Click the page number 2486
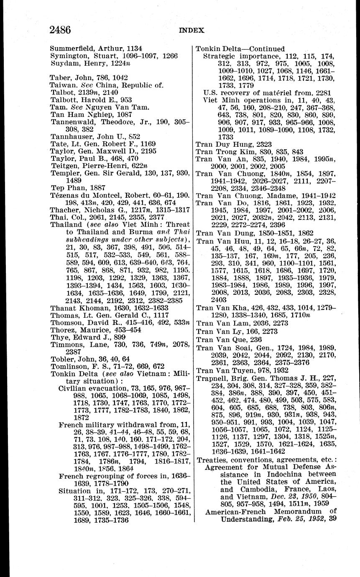(x=60, y=30)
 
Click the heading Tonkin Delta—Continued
(x=240, y=49)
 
